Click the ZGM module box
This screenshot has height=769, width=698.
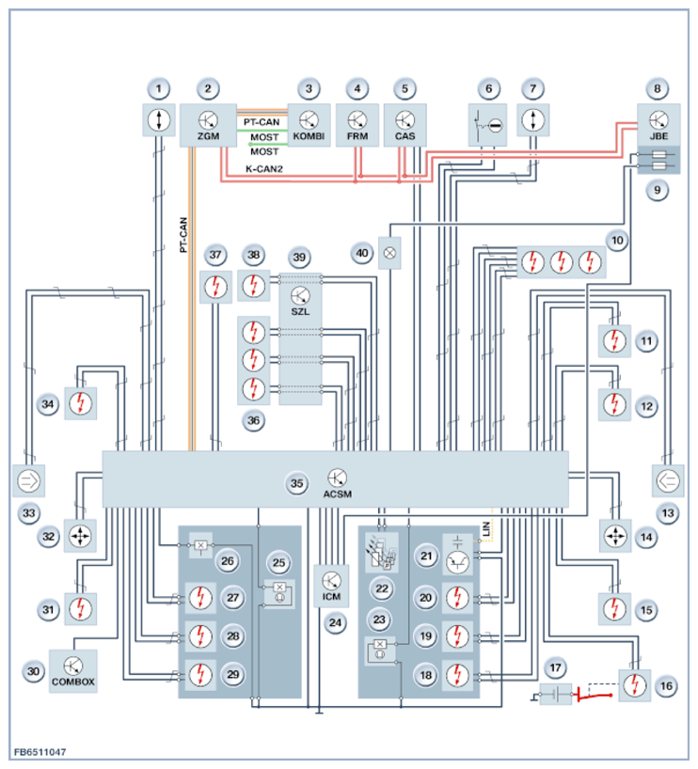coord(208,125)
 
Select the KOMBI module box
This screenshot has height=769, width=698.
coord(309,125)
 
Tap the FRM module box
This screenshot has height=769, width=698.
coord(357,125)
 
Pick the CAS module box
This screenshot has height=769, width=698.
coord(405,125)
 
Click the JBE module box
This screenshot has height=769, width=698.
coord(658,125)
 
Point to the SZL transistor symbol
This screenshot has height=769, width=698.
coord(300,296)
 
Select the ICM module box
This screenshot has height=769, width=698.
coord(331,586)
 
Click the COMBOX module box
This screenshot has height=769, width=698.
coord(73,671)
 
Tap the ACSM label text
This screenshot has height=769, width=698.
coord(337,494)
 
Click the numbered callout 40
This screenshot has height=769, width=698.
coord(362,253)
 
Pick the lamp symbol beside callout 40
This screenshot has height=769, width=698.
coord(389,253)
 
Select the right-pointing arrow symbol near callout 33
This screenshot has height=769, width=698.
coord(28,480)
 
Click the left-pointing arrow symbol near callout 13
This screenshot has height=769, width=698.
coord(668,480)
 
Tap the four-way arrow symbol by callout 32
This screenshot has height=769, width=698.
coord(80,536)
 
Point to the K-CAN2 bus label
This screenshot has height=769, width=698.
coord(264,169)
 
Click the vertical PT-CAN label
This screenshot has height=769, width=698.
coord(183,235)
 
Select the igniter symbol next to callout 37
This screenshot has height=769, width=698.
coord(215,287)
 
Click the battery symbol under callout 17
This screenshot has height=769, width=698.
coord(555,694)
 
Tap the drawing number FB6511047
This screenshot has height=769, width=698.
coord(40,752)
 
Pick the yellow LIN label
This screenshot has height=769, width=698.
coord(486,528)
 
